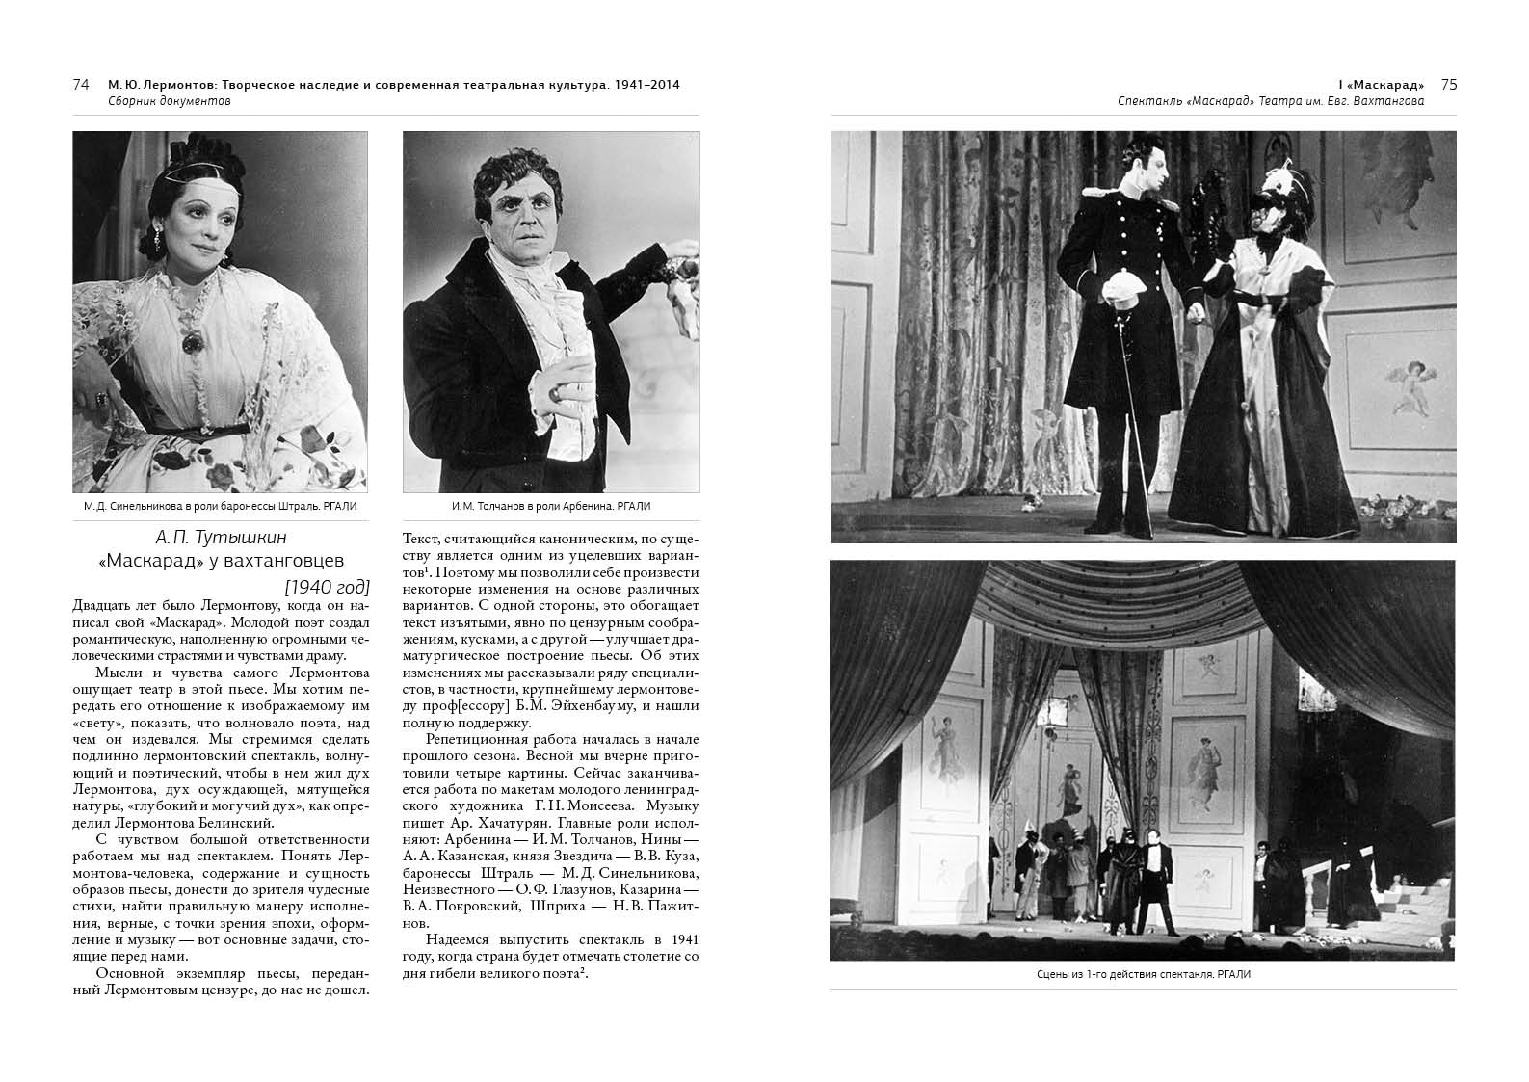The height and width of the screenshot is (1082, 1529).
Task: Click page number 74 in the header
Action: pyautogui.click(x=81, y=85)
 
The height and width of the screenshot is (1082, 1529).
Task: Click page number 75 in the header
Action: pyautogui.click(x=1448, y=85)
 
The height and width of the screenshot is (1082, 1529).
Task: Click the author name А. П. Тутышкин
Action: pyautogui.click(x=222, y=538)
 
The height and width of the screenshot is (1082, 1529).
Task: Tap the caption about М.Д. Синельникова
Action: pyautogui.click(x=221, y=506)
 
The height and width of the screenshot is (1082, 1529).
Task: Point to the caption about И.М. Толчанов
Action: pyautogui.click(x=551, y=506)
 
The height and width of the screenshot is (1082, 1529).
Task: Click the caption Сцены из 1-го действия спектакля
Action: pyautogui.click(x=1143, y=974)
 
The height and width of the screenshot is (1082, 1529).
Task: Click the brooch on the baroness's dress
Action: pyautogui.click(x=192, y=342)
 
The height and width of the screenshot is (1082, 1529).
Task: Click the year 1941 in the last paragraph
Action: pyautogui.click(x=681, y=939)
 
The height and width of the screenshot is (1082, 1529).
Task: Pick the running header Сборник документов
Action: pyautogui.click(x=170, y=100)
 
